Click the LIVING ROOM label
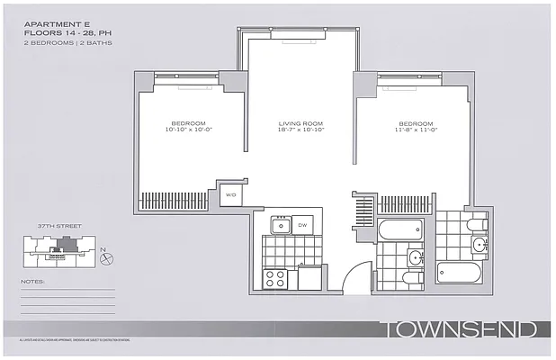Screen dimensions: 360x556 (x=300, y=123)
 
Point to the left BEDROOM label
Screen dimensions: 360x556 (x=189, y=123)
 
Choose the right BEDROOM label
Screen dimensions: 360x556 (x=417, y=123)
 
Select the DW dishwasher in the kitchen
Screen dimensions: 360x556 (x=302, y=225)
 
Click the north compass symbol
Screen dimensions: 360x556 (x=107, y=258)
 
